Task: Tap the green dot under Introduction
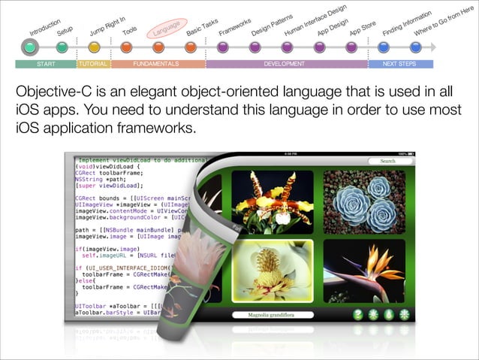click(x=29, y=47)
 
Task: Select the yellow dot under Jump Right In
click(x=94, y=47)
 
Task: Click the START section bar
click(x=47, y=65)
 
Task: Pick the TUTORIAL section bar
click(x=93, y=65)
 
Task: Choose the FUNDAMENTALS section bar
click(x=156, y=65)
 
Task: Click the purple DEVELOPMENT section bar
click(x=285, y=65)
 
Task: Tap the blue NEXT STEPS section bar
click(x=399, y=65)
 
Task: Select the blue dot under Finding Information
click(x=384, y=47)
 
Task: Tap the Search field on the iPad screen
click(x=387, y=161)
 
